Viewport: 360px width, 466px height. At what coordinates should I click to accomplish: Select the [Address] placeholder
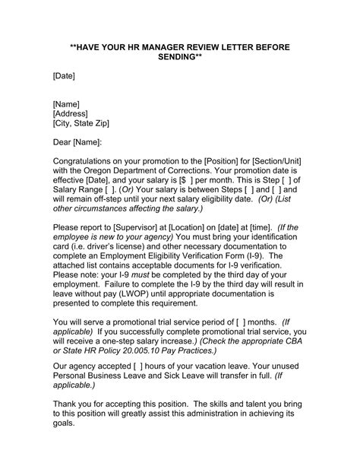[x=74, y=113]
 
